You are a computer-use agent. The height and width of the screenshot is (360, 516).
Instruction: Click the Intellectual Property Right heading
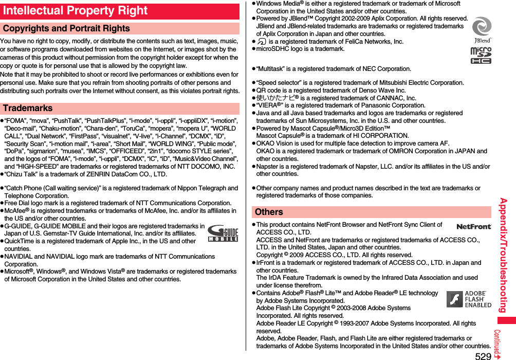75,11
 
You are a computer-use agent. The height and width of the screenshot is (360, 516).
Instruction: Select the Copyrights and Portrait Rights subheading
66,29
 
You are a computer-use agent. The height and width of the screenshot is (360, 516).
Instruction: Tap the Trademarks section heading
28,109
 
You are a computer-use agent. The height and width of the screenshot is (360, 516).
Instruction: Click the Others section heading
269,212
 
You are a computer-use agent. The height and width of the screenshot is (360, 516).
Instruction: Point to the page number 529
483,355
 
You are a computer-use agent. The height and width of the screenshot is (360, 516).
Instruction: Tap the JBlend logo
482,30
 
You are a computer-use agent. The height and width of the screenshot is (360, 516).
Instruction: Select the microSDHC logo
481,56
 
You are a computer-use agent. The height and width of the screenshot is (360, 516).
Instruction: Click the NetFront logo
473,227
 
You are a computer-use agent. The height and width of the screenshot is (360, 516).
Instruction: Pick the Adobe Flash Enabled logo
469,300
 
